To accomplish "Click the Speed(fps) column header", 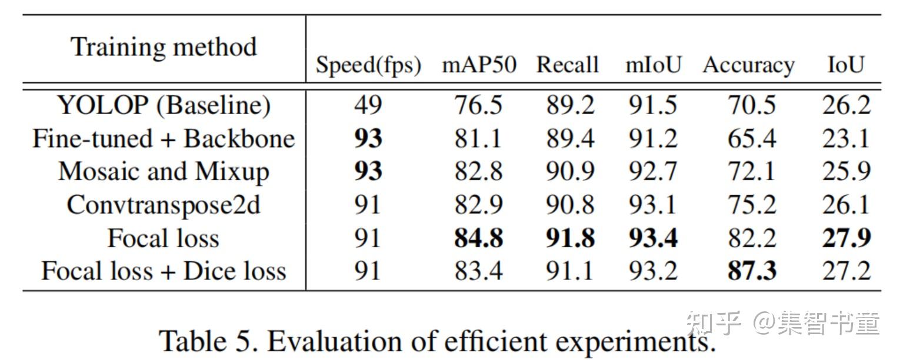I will coord(368,65).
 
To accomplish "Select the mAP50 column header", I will coord(479,65).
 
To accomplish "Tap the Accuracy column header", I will coord(748,65).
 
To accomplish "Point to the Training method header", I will coord(164,47).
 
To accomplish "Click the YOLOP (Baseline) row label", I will coord(164,105).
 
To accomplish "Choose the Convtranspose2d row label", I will coord(164,205).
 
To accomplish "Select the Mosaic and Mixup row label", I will coord(164,172).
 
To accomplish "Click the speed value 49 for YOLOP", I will coord(368,105).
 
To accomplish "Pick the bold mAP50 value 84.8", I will coord(478,239).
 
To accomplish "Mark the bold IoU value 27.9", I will coord(846,239).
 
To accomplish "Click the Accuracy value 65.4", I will coord(752,139).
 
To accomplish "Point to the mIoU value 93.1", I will coord(652,205).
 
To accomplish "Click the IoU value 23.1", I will coord(846,139).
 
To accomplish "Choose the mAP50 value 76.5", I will coord(478,105).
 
